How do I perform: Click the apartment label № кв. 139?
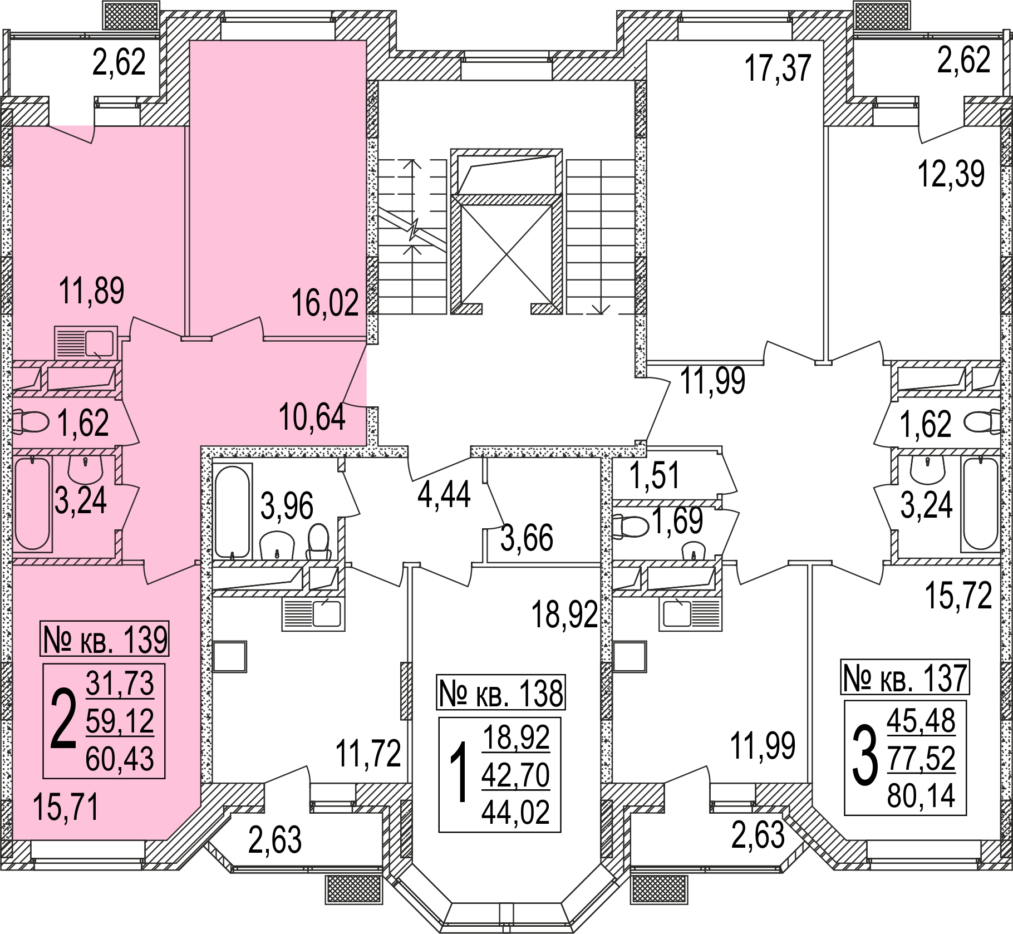105,640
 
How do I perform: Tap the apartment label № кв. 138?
501,694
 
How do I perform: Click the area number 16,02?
326,304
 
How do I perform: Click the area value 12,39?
951,174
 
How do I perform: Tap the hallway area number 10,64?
312,418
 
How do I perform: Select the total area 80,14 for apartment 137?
921,795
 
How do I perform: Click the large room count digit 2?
62,721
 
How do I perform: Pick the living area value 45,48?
921,721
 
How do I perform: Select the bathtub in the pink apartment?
32,503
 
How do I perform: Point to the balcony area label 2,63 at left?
274,840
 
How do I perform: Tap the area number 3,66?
527,538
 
